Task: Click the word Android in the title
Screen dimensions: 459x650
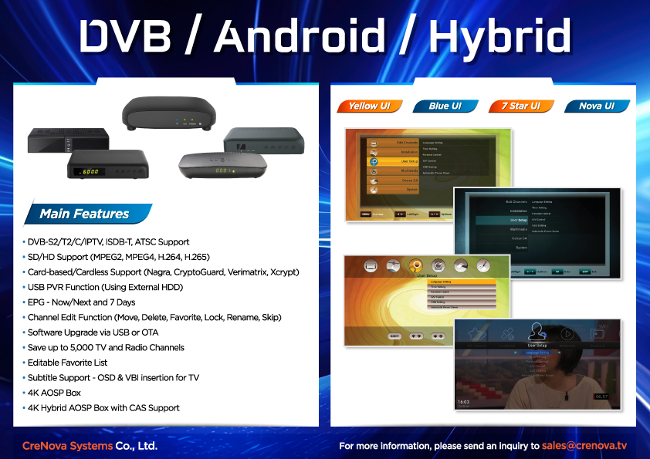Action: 300,36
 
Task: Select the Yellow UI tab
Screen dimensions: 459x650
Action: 369,106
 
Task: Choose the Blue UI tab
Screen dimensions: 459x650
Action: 445,106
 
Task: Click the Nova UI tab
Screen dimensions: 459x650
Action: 596,106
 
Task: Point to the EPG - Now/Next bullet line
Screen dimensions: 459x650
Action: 81,302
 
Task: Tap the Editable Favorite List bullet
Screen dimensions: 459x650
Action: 67,363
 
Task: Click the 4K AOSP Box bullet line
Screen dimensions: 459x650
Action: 54,393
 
